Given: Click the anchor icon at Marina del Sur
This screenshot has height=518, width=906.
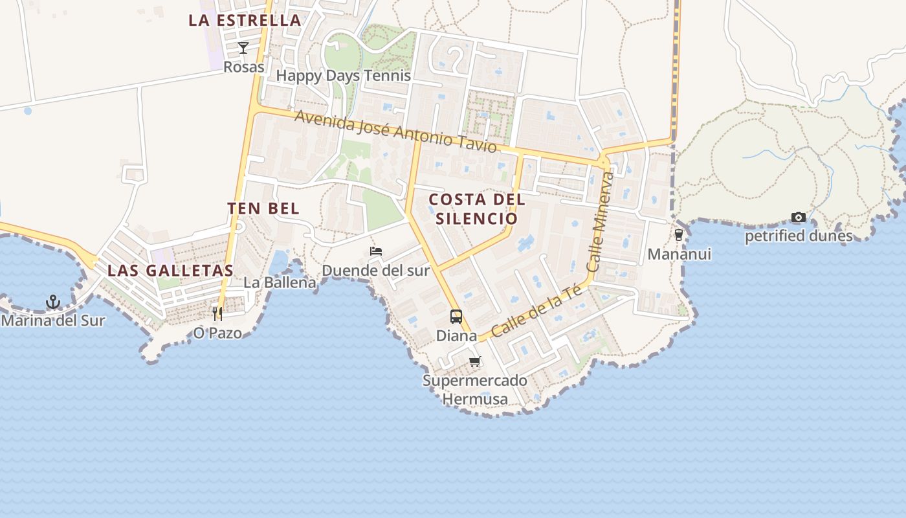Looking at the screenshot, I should click(x=53, y=302).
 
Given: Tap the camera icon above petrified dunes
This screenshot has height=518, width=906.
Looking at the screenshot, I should click(x=799, y=218).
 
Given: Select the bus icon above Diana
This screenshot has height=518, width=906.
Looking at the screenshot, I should click(x=456, y=317).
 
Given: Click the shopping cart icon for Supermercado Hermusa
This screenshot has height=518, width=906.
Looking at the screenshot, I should click(x=475, y=361).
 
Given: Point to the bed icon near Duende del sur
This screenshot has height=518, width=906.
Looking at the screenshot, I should click(x=376, y=251).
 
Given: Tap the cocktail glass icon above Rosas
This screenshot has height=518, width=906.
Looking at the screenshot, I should click(x=243, y=48).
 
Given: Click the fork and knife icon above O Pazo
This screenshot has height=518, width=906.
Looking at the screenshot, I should click(x=217, y=314).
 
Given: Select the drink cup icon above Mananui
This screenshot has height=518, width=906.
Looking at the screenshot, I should click(x=679, y=235).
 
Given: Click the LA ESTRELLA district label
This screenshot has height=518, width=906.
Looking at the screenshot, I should click(x=245, y=20).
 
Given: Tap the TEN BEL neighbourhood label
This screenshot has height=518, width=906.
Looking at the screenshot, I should click(x=263, y=208).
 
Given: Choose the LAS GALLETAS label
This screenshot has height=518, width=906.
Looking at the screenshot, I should click(x=170, y=271).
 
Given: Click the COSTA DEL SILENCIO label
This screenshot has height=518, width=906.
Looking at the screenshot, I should click(x=477, y=208).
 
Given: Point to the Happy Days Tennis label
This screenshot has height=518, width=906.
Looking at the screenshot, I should click(x=343, y=76).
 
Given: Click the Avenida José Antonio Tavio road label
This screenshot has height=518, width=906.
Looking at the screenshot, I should click(x=396, y=132).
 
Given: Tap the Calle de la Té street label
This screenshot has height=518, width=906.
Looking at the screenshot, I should click(x=536, y=312).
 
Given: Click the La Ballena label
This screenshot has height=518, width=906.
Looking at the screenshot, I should click(x=280, y=282).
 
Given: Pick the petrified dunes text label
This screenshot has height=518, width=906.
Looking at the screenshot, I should click(x=799, y=236).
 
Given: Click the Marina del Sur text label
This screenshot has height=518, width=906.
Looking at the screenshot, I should click(x=53, y=320).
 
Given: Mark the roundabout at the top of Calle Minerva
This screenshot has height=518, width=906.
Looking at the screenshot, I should click(x=604, y=161).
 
